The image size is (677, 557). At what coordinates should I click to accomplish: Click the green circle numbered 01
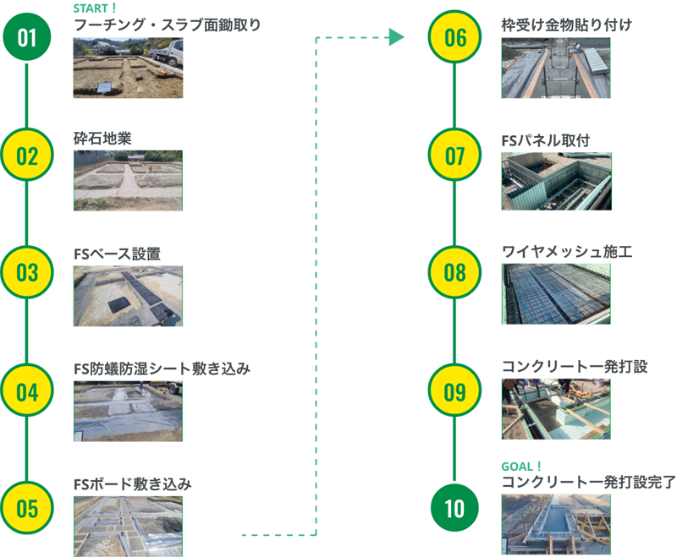27,38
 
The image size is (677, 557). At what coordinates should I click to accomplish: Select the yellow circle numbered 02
27,156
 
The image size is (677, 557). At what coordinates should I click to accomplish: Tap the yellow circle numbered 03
27,273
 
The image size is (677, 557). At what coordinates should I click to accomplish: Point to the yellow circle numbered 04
27,392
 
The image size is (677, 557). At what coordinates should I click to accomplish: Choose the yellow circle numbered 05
27,509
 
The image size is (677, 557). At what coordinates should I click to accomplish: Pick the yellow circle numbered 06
455,38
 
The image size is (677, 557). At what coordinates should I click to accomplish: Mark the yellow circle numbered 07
455,156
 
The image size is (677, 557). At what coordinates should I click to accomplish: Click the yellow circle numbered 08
455,273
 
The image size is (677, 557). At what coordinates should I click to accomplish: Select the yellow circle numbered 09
455,392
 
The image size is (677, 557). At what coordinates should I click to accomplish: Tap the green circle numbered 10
455,509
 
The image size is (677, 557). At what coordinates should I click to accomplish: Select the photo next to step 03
127,292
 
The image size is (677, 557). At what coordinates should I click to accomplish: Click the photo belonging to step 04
127,411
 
